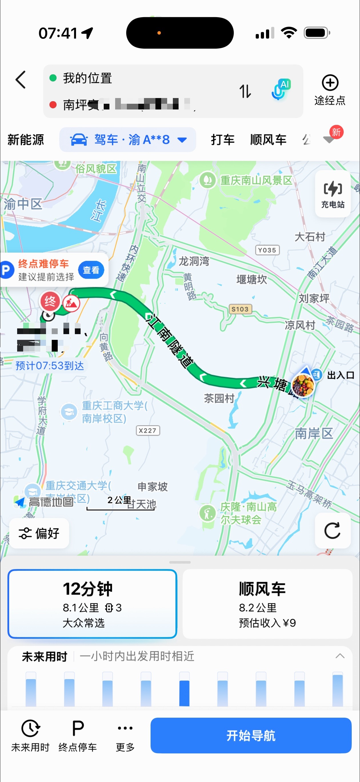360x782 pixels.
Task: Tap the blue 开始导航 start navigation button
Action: (x=251, y=735)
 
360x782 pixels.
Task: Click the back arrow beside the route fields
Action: (x=21, y=80)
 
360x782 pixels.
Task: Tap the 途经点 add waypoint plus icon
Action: (x=330, y=83)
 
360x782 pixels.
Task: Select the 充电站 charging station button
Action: (x=333, y=194)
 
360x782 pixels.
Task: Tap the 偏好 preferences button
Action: (x=39, y=533)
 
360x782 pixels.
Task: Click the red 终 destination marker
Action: (x=50, y=301)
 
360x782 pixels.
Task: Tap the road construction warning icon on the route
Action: (x=71, y=303)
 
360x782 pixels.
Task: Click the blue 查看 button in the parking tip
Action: (x=91, y=270)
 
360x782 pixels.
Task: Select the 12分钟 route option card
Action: (x=92, y=603)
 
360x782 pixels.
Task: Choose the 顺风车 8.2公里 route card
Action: (x=267, y=603)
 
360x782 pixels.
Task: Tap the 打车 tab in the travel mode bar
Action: (x=223, y=140)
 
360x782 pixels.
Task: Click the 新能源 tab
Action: (x=26, y=140)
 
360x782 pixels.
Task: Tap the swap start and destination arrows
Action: (x=245, y=91)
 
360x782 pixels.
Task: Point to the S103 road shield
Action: (x=240, y=309)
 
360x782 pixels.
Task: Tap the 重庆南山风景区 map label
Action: (x=256, y=180)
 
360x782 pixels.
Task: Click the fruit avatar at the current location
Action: (x=303, y=385)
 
